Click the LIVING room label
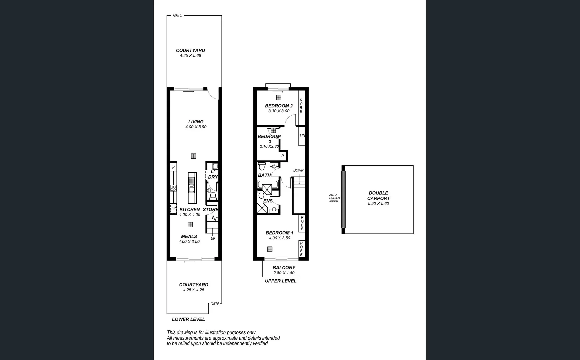[x=196, y=122]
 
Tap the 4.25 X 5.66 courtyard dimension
[x=190, y=56]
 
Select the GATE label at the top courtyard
[x=177, y=15]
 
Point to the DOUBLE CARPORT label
[x=378, y=195]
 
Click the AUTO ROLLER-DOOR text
[x=334, y=198]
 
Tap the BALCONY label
[x=284, y=267]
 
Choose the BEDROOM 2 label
[x=279, y=106]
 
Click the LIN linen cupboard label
[x=302, y=136]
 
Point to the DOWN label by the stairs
[x=298, y=170]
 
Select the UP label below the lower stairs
[x=213, y=238]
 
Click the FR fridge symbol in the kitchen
[x=173, y=208]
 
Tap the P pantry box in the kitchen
[x=173, y=167]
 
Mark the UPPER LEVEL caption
[x=280, y=281]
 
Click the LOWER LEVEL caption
[x=188, y=319]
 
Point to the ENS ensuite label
[x=268, y=201]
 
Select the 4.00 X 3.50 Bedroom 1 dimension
[x=279, y=238]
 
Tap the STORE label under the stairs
[x=210, y=209]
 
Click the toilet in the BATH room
[x=262, y=166]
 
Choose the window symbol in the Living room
[x=193, y=156]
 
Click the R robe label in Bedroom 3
[x=282, y=156]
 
